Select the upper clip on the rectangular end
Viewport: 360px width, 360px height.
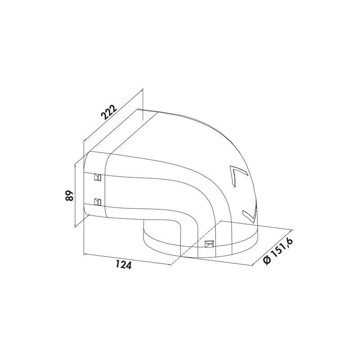[x=97, y=178]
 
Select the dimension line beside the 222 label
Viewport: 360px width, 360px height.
[x=113, y=122]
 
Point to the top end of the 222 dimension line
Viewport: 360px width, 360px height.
[x=143, y=90]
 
